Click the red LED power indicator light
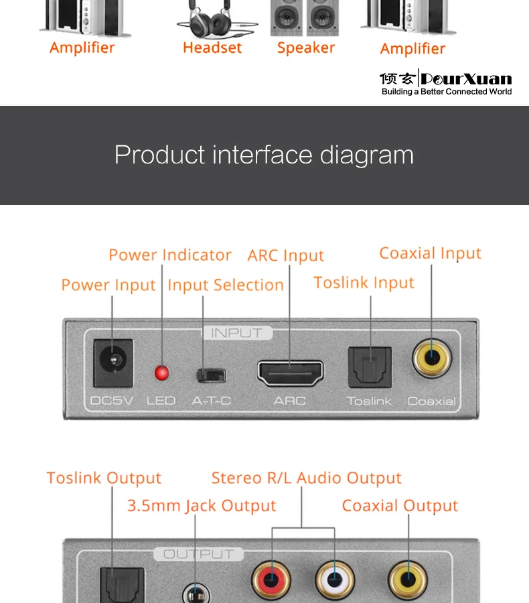coord(161,373)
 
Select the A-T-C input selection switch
coord(211,375)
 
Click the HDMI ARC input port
coord(290,373)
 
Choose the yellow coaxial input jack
coord(432,360)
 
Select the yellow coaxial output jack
coord(408,578)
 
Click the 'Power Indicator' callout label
coord(170,255)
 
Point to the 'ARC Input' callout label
coord(286,256)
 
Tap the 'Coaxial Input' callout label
coord(431,253)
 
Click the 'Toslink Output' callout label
coord(104,478)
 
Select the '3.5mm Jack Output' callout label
coord(202,506)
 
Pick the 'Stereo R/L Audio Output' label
coord(306,478)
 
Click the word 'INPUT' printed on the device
coord(236,333)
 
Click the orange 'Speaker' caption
coord(306,48)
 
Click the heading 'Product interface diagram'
coord(264,155)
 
